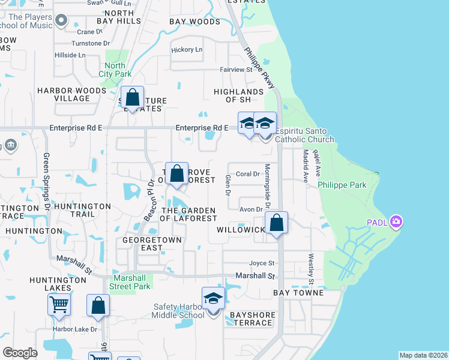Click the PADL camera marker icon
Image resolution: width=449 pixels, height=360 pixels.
[x=396, y=222]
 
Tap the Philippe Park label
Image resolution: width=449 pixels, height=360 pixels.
[x=342, y=185]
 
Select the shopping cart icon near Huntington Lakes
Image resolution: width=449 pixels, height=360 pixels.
[x=59, y=304]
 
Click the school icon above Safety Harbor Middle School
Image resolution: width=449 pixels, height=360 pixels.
[x=213, y=298]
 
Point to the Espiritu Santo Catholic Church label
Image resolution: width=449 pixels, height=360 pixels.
[x=304, y=135]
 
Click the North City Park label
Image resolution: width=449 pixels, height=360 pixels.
[x=115, y=70]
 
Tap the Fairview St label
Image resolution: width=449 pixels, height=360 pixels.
[x=237, y=70]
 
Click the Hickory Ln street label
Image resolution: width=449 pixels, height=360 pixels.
[x=187, y=50]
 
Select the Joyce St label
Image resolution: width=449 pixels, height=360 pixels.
[x=262, y=263]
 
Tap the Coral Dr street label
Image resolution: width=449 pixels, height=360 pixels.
[x=247, y=174]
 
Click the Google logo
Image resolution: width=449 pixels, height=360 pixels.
[x=20, y=353]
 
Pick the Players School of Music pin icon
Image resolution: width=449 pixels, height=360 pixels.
[x=61, y=22]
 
